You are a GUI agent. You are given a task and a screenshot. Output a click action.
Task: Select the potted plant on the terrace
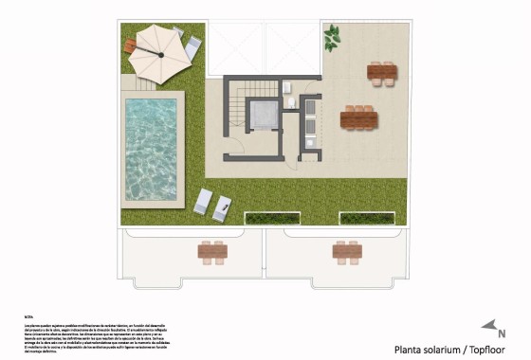[x=332, y=39]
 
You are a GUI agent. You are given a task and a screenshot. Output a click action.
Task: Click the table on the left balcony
[x=212, y=251]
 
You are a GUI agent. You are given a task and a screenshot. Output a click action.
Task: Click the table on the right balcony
[x=346, y=251]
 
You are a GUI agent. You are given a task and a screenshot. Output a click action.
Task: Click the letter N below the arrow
[x=502, y=334]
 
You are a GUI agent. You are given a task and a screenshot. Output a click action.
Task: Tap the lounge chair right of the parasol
[x=192, y=45]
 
